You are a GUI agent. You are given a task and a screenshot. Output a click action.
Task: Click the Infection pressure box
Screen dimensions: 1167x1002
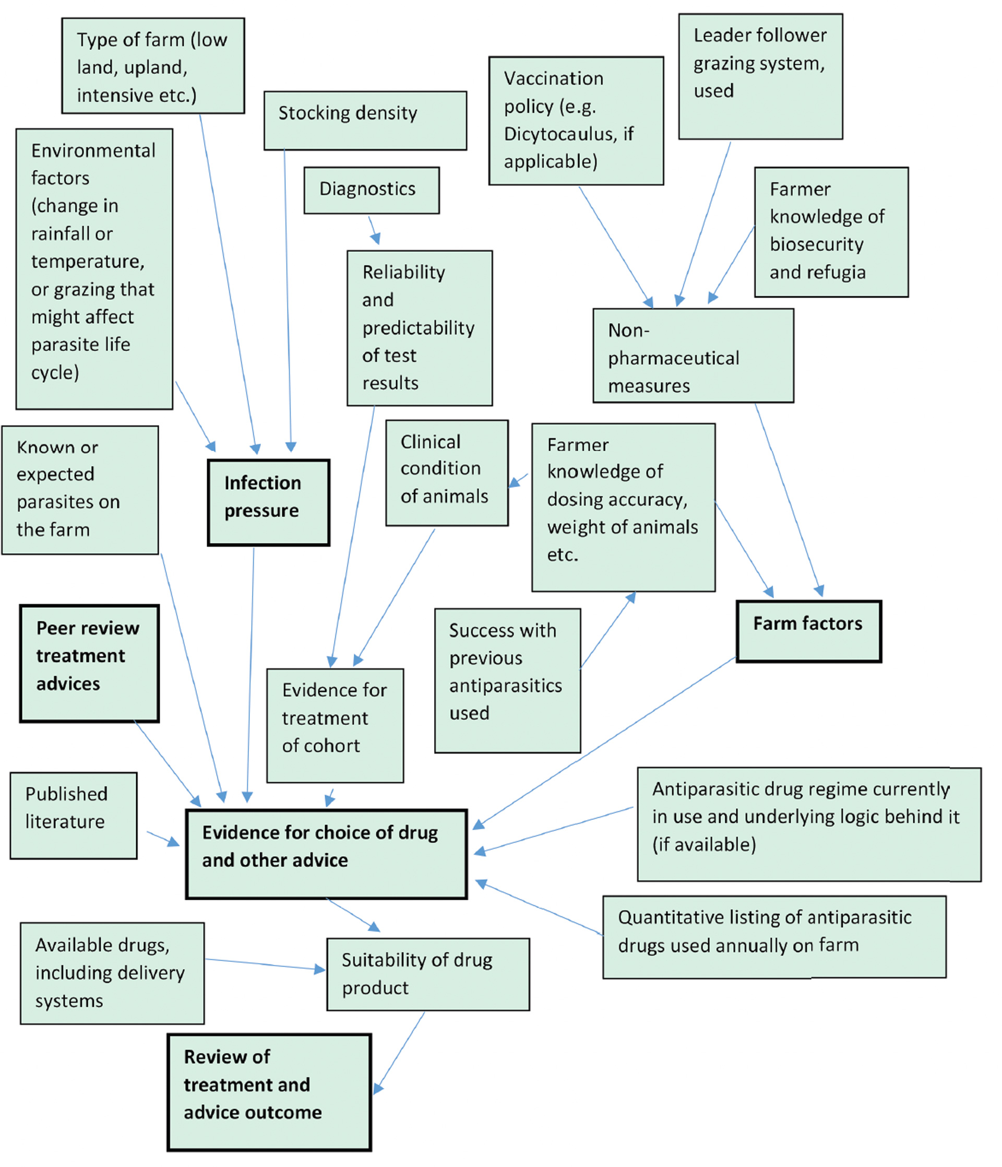point(269,502)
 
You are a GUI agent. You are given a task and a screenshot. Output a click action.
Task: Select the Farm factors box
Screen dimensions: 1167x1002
point(808,631)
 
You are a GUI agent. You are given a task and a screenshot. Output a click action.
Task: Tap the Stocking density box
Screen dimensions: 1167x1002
point(365,121)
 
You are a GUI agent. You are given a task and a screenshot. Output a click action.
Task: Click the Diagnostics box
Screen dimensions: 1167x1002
point(372,190)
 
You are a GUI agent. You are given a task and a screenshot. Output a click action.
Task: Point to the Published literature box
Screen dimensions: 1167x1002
point(73,815)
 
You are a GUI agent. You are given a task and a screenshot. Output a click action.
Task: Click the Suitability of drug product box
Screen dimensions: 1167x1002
point(428,974)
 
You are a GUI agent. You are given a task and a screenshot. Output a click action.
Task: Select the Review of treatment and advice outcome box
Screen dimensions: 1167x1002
point(269,1091)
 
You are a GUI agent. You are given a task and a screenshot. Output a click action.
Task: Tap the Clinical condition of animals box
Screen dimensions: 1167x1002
point(447,473)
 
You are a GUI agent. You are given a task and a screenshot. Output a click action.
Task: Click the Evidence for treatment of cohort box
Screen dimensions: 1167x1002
point(335,725)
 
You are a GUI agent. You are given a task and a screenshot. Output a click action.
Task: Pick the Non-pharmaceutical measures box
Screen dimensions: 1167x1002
point(693,356)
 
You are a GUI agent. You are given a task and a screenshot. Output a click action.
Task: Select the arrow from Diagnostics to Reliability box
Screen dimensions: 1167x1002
point(374,230)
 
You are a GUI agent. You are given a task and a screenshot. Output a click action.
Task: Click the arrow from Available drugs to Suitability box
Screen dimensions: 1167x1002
point(265,964)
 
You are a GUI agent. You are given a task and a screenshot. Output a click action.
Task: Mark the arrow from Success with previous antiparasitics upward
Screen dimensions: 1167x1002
point(607,631)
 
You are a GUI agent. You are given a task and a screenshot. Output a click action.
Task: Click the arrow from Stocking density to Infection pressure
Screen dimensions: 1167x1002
point(288,299)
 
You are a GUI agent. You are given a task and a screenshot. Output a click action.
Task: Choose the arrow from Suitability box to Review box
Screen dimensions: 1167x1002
point(400,1052)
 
